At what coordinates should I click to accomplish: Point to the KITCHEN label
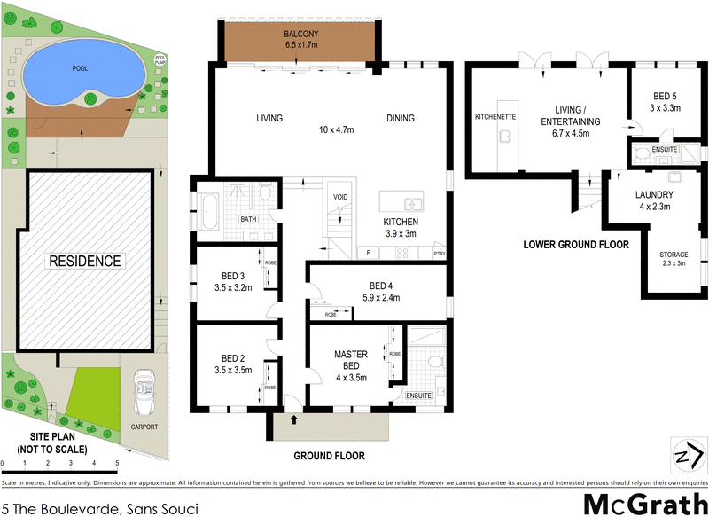399,222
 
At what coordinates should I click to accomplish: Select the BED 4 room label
379,286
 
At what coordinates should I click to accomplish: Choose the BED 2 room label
229,359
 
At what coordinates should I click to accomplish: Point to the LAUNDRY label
654,195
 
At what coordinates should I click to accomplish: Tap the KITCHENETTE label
496,116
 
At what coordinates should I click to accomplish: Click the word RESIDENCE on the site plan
85,262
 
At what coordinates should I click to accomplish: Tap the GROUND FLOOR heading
329,456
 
